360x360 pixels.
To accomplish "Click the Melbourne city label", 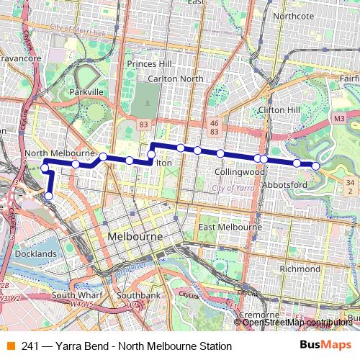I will [x=135, y=237].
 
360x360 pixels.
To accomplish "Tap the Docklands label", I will [x=35, y=254].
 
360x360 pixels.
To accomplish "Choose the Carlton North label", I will [x=174, y=78].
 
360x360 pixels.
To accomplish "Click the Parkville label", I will [x=88, y=92].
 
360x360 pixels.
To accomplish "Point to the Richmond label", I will [x=299, y=269].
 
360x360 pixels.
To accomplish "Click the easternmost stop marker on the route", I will [x=315, y=166].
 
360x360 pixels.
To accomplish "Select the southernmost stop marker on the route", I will [x=49, y=195].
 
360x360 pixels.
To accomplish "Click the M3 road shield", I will [x=340, y=117].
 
